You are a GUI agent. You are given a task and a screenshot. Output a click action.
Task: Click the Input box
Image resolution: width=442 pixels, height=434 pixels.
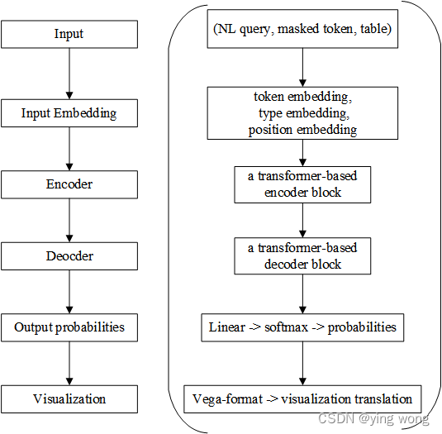click(x=69, y=34)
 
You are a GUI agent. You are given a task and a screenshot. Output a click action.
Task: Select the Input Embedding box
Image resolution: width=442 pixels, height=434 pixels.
click(x=69, y=113)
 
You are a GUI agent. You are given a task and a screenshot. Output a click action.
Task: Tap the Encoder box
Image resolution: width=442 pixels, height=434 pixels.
click(x=69, y=184)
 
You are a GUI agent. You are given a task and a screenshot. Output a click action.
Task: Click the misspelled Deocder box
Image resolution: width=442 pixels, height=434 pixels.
click(x=69, y=256)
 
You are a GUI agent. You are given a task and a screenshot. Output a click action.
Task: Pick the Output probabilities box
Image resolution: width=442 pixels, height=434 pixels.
click(x=69, y=327)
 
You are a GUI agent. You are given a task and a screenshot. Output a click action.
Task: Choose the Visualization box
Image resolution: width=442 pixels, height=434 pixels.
click(x=69, y=398)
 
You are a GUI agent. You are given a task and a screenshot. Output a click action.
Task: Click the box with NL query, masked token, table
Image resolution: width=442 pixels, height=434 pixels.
click(x=302, y=31)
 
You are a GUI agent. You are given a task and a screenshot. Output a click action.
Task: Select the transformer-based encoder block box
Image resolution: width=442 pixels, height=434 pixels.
click(x=302, y=185)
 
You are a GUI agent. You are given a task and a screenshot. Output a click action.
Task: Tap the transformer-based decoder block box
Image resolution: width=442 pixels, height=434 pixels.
click(x=302, y=256)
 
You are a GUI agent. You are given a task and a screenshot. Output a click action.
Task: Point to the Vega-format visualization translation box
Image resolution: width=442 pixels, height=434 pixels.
click(x=302, y=398)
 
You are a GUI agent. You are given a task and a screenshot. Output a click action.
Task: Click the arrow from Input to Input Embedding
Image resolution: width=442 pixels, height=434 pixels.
click(x=69, y=73)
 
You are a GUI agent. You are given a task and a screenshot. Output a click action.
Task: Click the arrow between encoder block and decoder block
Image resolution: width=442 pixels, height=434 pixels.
click(x=302, y=221)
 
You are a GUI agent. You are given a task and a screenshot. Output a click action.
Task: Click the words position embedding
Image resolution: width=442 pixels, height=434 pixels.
click(x=302, y=130)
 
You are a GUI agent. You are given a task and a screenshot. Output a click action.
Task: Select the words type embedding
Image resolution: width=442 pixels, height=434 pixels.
click(x=302, y=113)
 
